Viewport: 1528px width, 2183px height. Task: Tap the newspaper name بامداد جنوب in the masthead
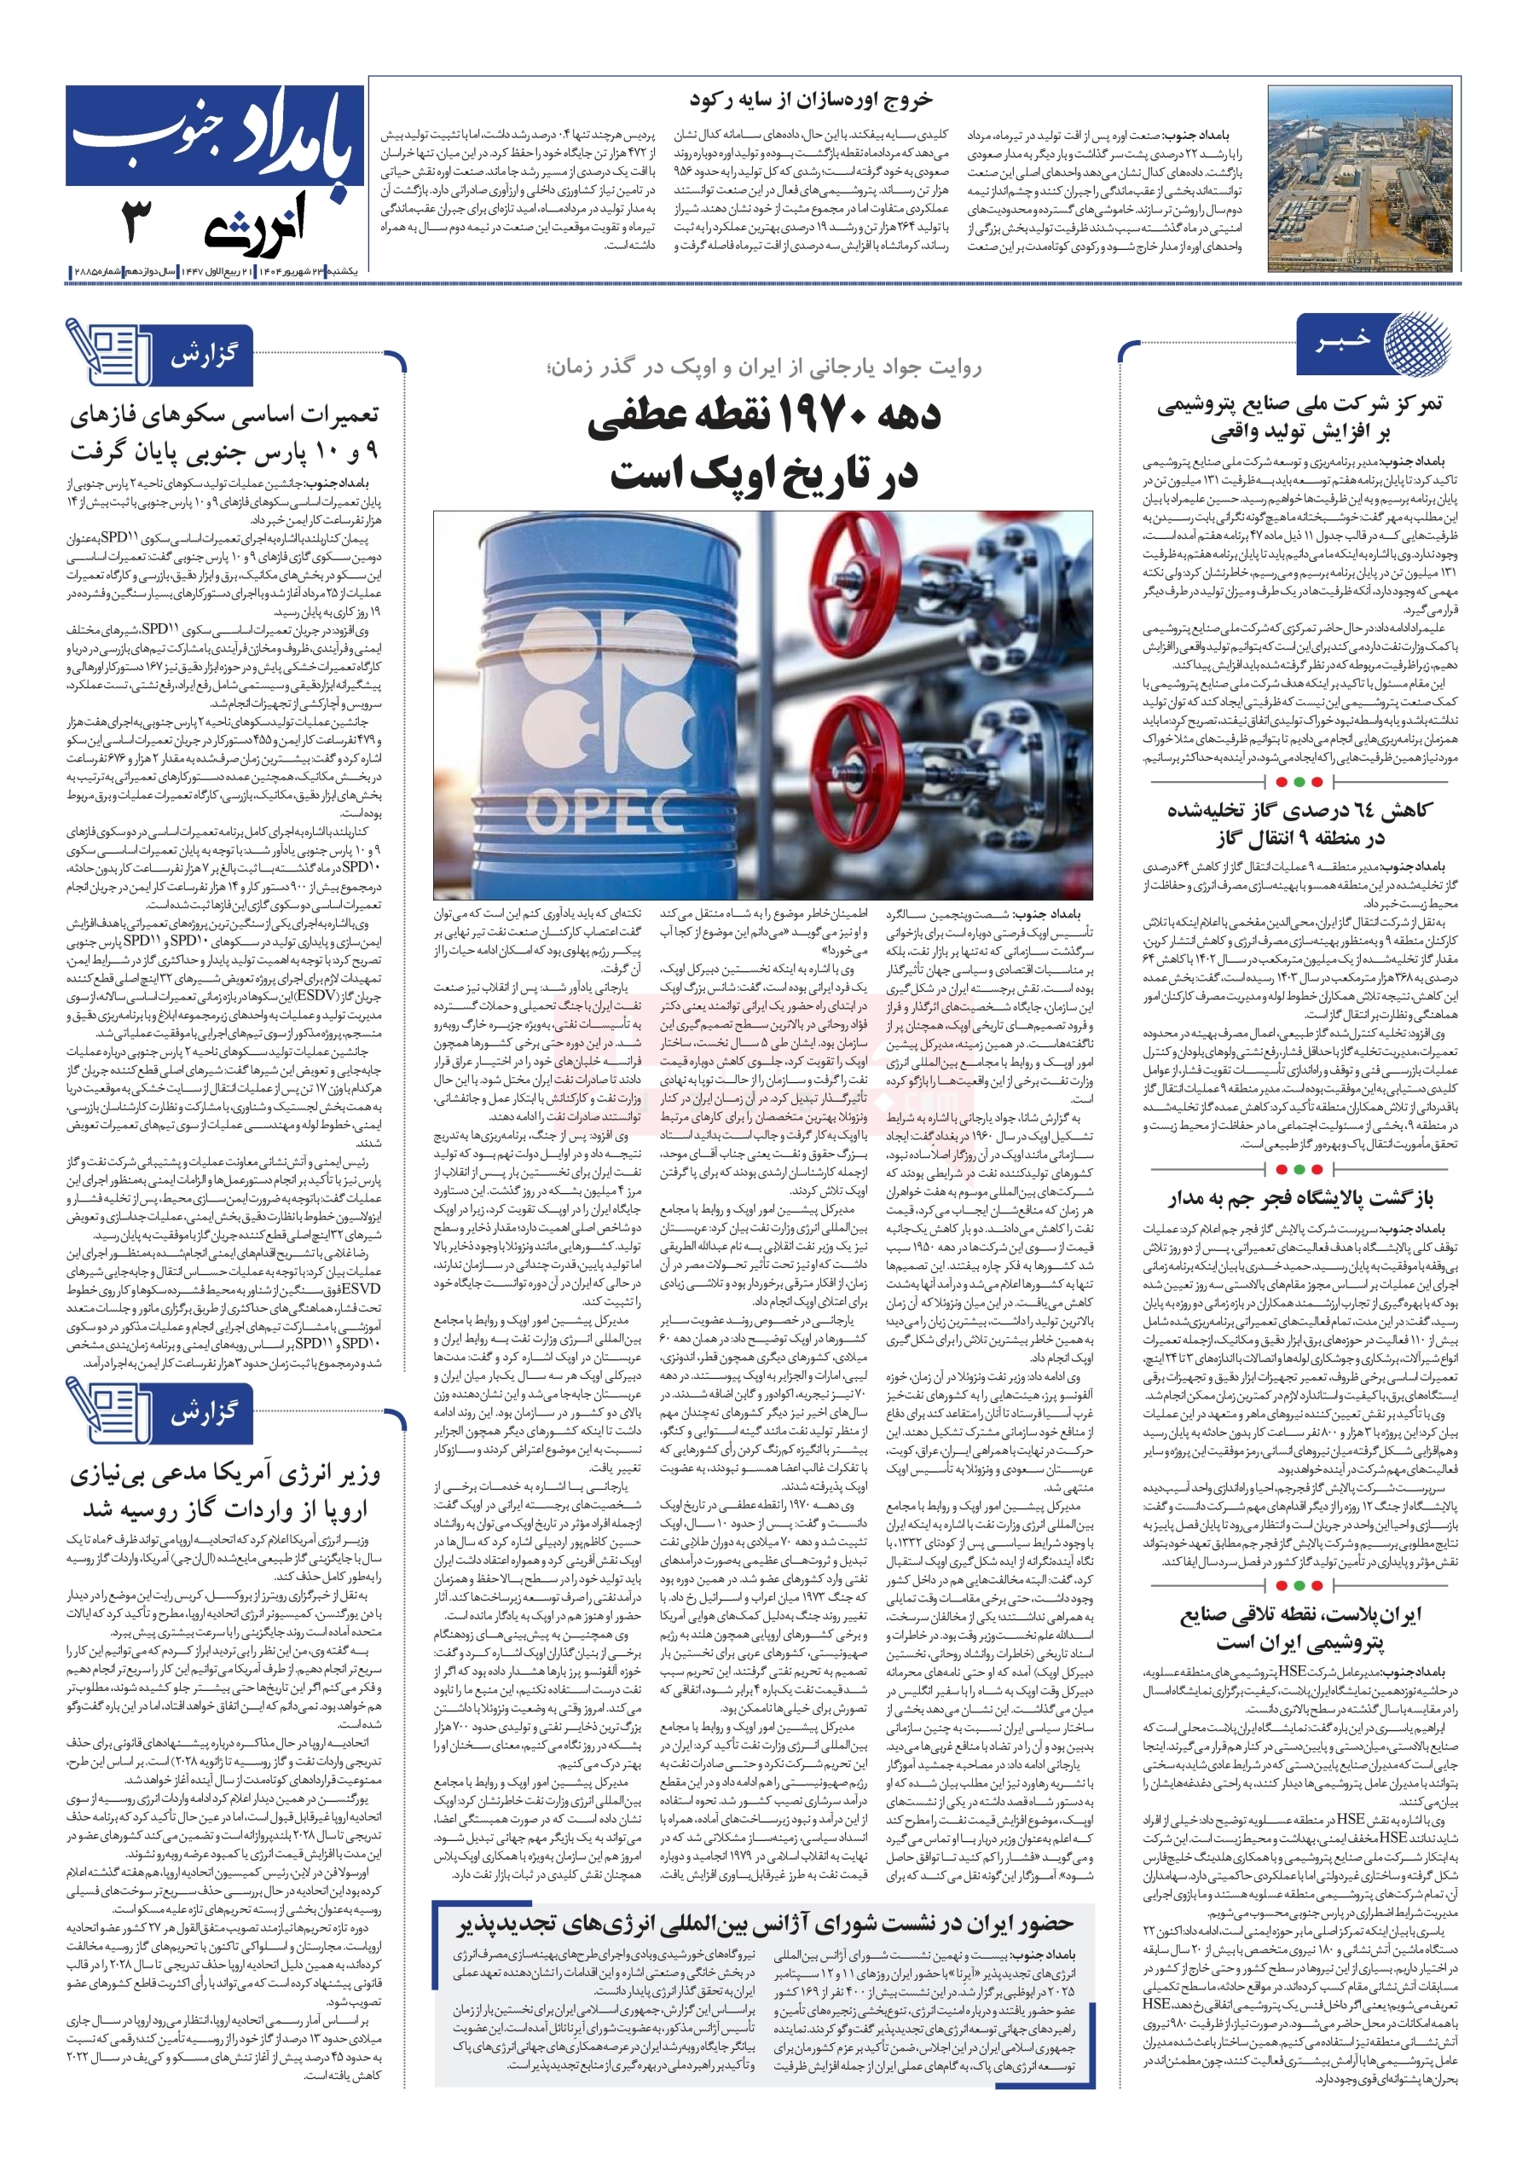pyautogui.click(x=215, y=136)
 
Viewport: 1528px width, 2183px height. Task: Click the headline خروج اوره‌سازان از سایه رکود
pyautogui.click(x=810, y=99)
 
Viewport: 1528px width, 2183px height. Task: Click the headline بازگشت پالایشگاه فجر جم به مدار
pyautogui.click(x=1300, y=1199)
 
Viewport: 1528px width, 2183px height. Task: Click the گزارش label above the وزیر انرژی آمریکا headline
pyautogui.click(x=205, y=1413)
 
